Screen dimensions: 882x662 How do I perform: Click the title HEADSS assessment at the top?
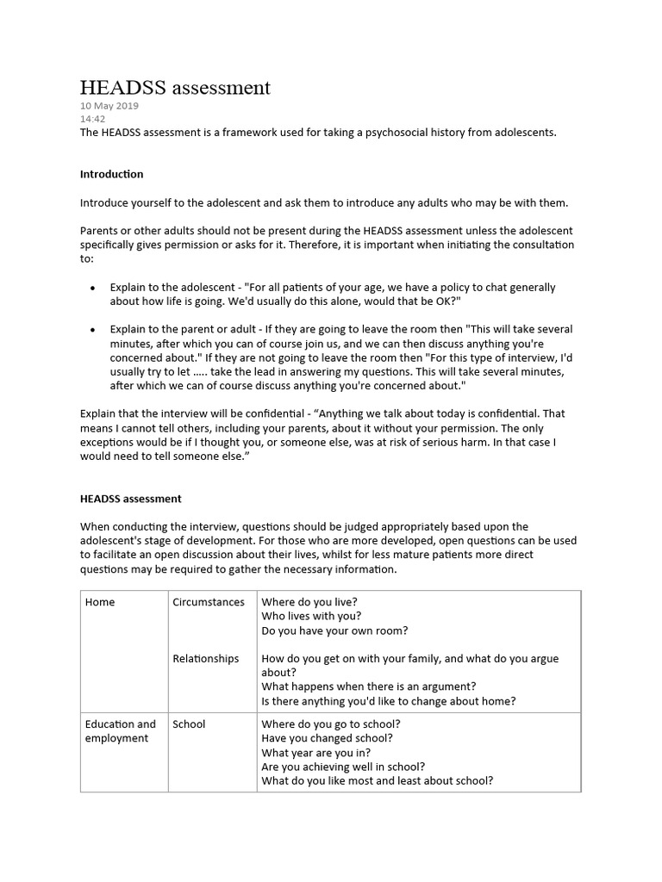[175, 87]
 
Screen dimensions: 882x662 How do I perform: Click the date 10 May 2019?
[109, 106]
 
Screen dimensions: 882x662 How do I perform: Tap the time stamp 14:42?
[92, 119]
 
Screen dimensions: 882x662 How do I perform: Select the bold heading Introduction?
[111, 174]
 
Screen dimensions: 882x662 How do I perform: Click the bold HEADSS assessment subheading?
[130, 499]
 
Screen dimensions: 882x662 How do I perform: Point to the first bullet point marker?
[92, 288]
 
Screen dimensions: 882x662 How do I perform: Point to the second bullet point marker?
[92, 330]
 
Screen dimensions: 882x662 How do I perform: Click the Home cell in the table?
[100, 602]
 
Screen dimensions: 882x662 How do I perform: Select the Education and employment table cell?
[120, 731]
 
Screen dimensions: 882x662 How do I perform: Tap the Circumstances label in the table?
[208, 602]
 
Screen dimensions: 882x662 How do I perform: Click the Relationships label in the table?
[205, 659]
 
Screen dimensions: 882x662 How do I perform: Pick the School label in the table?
[189, 724]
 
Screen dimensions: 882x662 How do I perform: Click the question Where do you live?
[309, 602]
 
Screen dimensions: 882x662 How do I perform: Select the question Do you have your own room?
[334, 630]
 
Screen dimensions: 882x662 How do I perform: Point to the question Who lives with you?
[311, 616]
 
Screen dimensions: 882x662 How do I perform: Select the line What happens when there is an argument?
[368, 686]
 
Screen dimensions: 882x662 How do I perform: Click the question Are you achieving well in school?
[342, 767]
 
